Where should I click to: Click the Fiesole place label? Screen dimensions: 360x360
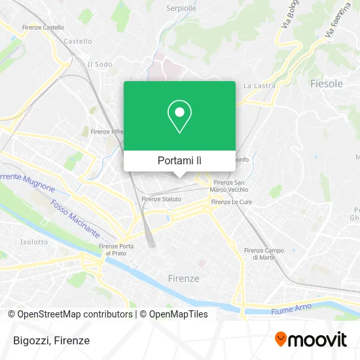(326, 84)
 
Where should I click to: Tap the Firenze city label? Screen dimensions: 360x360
(183, 278)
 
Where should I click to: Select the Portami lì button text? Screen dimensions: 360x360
(179, 160)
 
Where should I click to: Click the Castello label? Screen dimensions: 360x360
(77, 41)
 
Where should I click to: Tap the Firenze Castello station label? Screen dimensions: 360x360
(43, 27)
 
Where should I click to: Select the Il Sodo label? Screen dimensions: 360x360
(99, 64)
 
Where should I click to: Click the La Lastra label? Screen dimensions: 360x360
(257, 86)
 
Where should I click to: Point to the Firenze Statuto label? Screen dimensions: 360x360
(162, 198)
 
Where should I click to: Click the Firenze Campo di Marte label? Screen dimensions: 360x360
(263, 254)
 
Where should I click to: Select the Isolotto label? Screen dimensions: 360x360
(34, 242)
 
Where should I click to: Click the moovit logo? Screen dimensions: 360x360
(310, 340)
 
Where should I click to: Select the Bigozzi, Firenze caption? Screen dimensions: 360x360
(50, 340)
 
